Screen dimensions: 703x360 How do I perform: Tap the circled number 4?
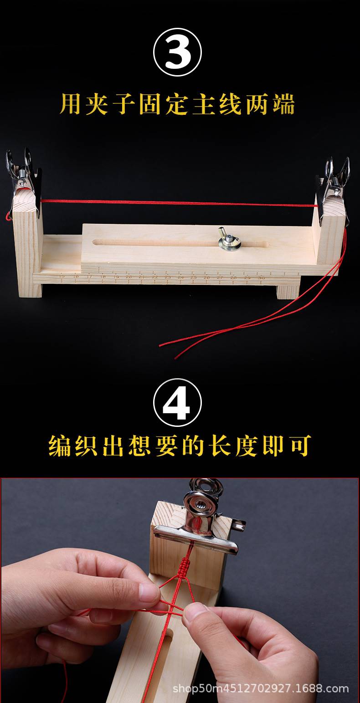point(177,402)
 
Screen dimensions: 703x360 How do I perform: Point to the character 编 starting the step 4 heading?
point(61,445)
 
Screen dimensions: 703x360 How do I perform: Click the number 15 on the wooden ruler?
point(62,276)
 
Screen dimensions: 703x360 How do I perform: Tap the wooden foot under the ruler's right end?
point(288,292)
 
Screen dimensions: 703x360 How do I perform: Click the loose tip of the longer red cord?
point(160,345)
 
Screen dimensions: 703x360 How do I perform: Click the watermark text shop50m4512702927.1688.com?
point(261,688)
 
